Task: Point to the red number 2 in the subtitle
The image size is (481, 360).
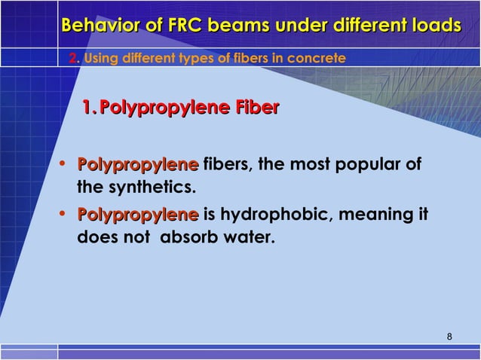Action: pos(72,58)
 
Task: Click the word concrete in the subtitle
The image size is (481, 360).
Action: pos(323,58)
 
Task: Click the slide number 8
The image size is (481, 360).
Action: pos(449,336)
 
